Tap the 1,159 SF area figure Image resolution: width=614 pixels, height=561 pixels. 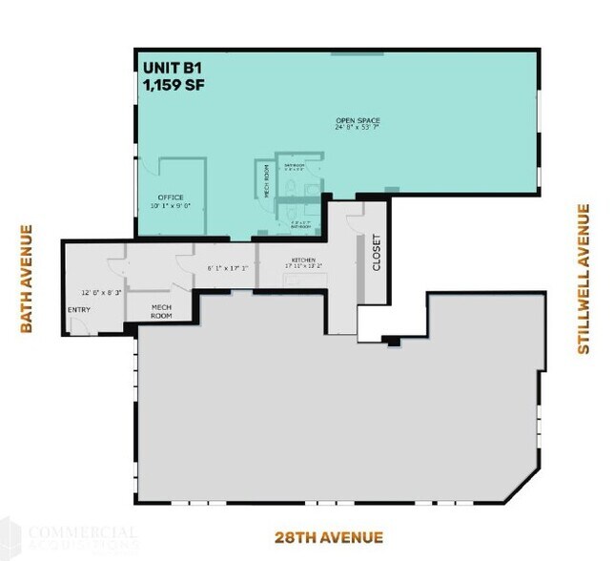point(173,85)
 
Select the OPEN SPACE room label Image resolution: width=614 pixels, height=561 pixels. point(358,120)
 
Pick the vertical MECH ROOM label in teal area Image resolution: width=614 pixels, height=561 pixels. point(267,180)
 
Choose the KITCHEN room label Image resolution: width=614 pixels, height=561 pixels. point(303,260)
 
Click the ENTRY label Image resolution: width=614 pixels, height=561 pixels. point(79,310)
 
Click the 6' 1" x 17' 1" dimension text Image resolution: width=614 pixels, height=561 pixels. point(227,268)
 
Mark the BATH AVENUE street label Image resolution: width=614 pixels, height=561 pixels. point(27,279)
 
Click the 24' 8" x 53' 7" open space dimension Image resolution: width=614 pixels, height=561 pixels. point(358,128)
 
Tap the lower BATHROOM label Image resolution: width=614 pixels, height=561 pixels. point(300,226)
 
